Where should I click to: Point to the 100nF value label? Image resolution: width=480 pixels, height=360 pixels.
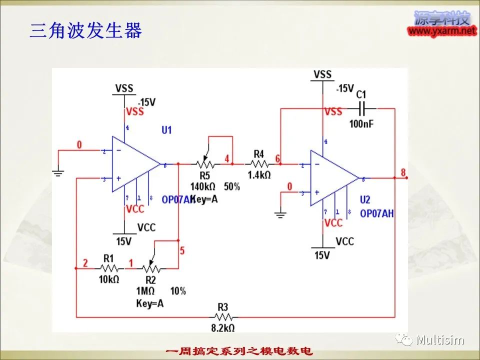[361, 123]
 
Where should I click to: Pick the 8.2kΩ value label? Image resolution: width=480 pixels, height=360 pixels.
[223, 328]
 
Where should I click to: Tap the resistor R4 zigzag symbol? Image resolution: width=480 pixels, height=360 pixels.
[259, 163]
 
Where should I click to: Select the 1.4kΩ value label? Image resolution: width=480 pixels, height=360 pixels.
[259, 174]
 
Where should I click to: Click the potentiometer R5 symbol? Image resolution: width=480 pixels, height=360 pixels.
[203, 163]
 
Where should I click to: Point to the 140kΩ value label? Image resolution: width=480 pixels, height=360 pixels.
[202, 186]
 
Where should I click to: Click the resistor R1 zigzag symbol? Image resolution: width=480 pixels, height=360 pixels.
[109, 268]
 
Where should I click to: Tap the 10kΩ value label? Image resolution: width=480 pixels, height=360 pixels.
[108, 279]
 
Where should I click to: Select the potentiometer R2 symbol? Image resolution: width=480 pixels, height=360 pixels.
[150, 267]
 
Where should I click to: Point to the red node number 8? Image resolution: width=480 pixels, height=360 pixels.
[403, 172]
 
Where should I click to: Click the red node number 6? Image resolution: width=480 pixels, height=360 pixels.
[277, 158]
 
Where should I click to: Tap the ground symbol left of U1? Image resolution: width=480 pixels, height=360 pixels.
[58, 173]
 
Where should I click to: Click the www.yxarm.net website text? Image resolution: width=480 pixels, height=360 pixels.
[442, 31]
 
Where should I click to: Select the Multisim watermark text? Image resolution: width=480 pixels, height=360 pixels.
[440, 340]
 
